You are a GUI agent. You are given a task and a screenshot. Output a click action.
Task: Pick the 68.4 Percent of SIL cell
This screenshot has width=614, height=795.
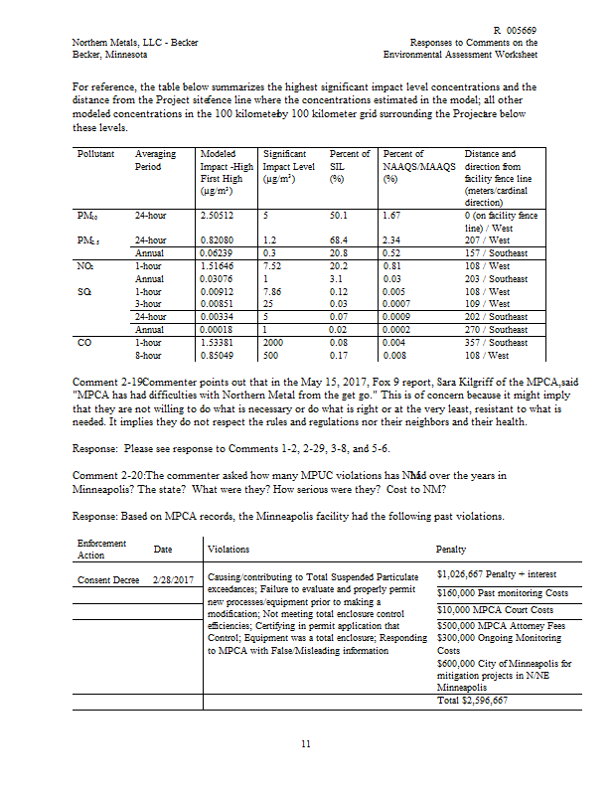coord(343,240)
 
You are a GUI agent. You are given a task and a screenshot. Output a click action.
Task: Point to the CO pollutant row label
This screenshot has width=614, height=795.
coord(83,341)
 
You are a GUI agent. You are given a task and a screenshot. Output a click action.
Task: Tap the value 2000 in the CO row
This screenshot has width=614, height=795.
coord(274,341)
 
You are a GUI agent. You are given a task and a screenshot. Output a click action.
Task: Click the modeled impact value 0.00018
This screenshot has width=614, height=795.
coord(217,329)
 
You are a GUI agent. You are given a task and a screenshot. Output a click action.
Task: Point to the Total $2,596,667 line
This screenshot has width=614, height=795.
coord(472,700)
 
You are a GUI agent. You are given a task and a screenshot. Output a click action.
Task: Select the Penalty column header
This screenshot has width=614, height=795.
coord(451,549)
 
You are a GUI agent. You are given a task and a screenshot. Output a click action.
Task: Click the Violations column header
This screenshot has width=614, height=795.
coord(229,549)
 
